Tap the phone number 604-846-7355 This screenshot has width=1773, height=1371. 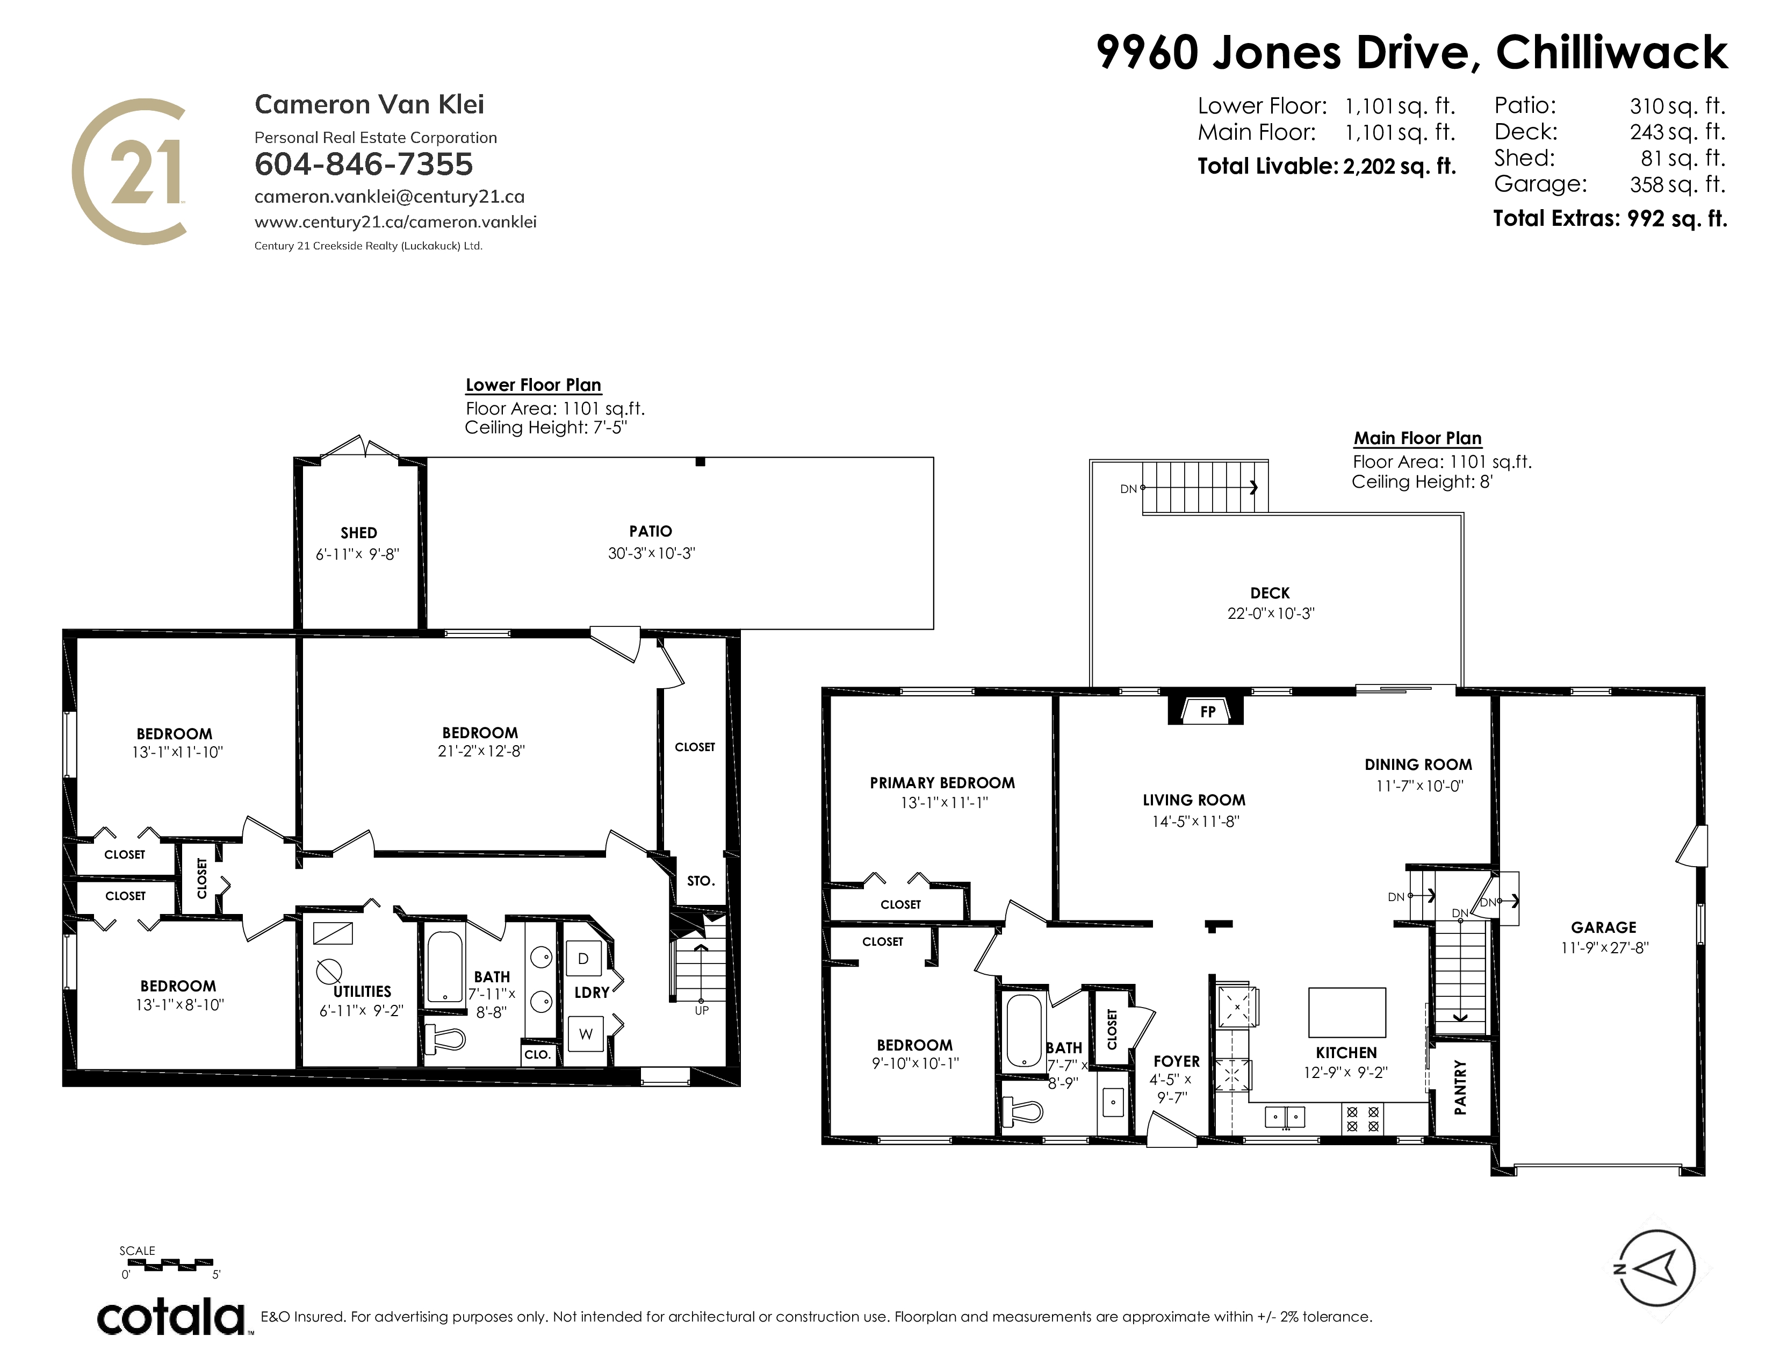(x=364, y=164)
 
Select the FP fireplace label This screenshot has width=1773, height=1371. (x=1207, y=711)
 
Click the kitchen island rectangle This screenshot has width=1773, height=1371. (x=1347, y=1012)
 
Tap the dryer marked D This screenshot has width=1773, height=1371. (x=583, y=959)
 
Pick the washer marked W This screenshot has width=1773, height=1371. (x=585, y=1034)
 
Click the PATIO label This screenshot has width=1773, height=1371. (x=650, y=531)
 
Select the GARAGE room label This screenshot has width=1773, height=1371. (x=1603, y=927)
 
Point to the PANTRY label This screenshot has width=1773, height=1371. (x=1460, y=1087)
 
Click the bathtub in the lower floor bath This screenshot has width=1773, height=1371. (x=444, y=966)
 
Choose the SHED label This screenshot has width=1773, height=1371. (x=359, y=533)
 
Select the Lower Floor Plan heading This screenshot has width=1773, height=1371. (x=534, y=385)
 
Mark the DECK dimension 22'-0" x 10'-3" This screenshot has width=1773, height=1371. (x=1271, y=613)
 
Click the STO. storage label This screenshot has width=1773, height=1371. (x=701, y=881)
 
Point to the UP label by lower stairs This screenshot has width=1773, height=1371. (x=701, y=1010)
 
